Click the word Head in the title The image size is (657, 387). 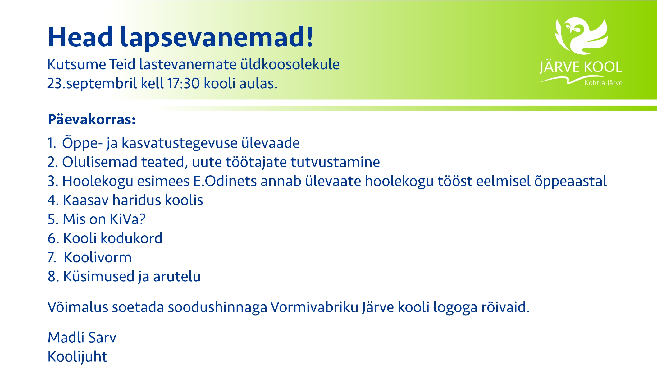(x=80, y=37)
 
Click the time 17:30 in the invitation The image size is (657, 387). (x=183, y=83)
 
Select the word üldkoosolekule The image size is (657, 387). (x=290, y=64)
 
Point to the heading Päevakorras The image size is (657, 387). (x=92, y=119)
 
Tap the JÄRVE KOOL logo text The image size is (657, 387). (x=581, y=67)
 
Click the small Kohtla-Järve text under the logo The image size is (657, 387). (x=603, y=83)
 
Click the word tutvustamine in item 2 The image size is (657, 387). (x=335, y=162)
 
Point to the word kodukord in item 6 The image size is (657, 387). (x=131, y=238)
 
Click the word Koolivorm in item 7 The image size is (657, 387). (x=98, y=257)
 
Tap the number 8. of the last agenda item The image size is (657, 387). (x=53, y=277)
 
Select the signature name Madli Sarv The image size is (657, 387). (x=82, y=337)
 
